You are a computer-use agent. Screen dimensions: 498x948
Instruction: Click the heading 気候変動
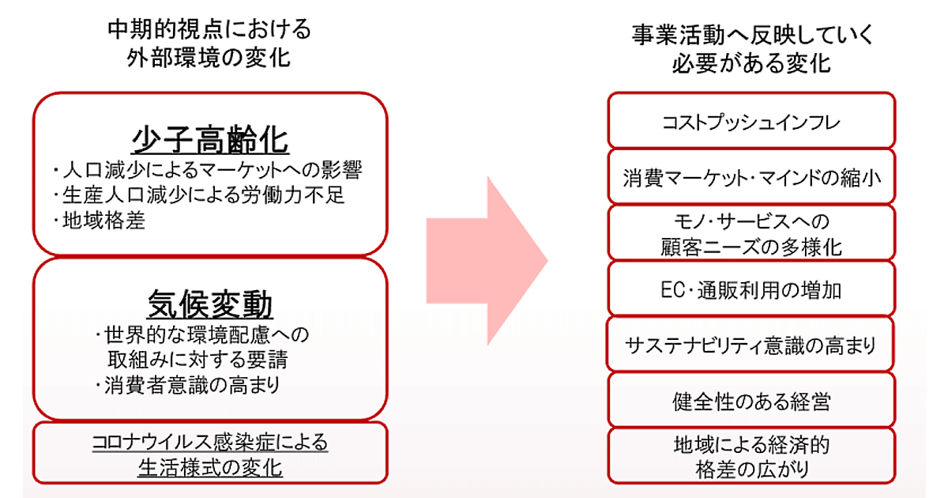point(209,304)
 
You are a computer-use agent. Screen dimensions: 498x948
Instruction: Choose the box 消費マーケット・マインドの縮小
point(751,176)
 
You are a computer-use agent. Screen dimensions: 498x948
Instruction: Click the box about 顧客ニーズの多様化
point(751,233)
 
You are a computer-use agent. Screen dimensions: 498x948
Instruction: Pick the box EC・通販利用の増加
point(751,289)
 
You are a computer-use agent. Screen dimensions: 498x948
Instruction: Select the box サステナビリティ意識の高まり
point(751,345)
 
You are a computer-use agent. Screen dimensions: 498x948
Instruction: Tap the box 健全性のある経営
point(751,401)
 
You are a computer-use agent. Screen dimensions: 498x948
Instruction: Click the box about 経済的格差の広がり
point(751,456)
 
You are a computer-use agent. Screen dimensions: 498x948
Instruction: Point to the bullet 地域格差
point(99,221)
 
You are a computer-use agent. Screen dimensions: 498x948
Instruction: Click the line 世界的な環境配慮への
point(201,334)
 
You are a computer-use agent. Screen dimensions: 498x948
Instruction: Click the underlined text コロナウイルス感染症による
point(209,442)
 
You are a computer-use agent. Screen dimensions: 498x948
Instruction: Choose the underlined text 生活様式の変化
point(209,468)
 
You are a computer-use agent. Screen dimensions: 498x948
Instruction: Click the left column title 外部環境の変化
point(209,58)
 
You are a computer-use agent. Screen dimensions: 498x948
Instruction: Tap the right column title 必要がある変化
point(751,63)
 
